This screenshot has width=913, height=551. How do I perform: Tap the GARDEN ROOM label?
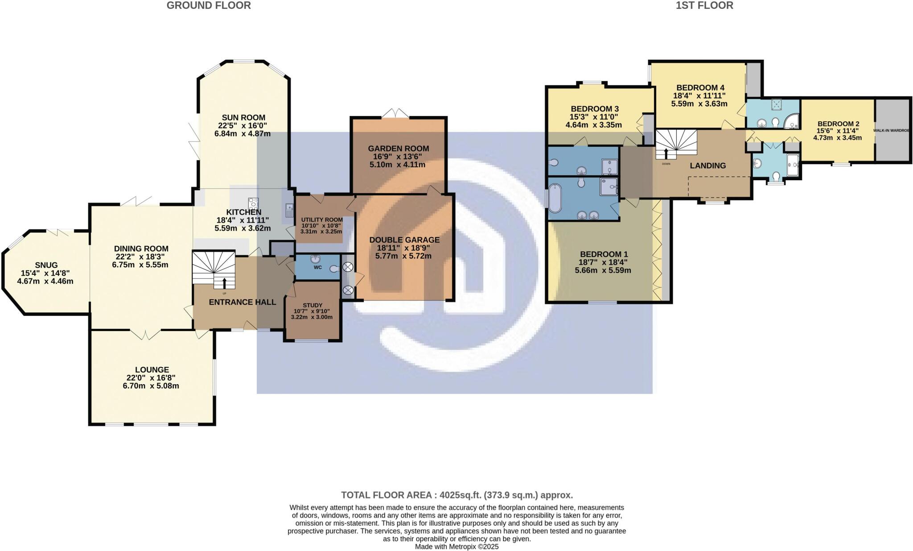click(x=398, y=149)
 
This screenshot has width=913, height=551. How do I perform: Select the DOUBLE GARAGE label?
click(x=404, y=240)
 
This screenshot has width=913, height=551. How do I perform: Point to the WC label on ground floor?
click(x=317, y=268)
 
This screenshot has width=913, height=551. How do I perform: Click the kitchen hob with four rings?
click(x=254, y=203)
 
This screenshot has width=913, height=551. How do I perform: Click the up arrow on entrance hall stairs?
click(x=224, y=283)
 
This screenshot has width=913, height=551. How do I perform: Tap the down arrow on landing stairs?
click(x=666, y=153)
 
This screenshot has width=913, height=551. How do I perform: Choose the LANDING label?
click(x=707, y=166)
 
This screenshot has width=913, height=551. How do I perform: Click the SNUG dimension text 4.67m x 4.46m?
click(x=45, y=282)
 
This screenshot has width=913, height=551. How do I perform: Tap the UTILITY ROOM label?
click(x=321, y=220)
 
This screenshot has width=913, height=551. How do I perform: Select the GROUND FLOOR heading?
click(x=209, y=5)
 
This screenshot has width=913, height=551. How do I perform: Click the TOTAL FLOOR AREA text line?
click(x=456, y=495)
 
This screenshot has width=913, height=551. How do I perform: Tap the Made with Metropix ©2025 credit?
click(x=456, y=547)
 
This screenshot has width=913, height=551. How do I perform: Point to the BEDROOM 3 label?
click(x=594, y=109)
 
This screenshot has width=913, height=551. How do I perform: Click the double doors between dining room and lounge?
click(x=145, y=334)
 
